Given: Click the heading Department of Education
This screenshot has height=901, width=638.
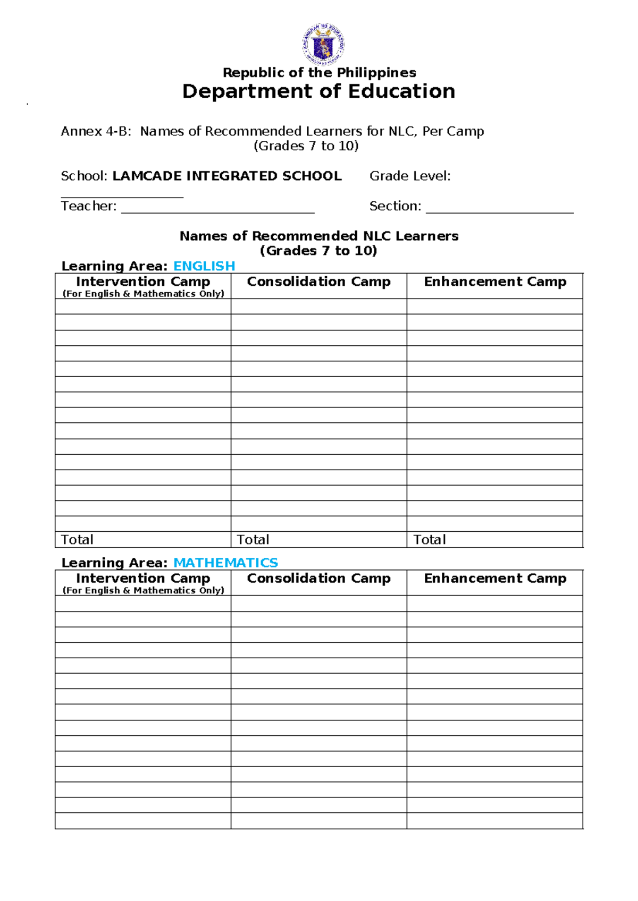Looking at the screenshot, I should pos(318,91).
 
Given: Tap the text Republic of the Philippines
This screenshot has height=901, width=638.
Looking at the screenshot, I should pos(319,72).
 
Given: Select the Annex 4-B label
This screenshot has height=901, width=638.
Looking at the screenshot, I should pos(96,131).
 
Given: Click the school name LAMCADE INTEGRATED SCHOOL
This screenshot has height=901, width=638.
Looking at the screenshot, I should pos(227,176).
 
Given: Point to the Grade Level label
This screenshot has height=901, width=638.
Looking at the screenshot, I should pos(410,176).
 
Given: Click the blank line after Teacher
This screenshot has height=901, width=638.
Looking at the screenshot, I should pos(218,208).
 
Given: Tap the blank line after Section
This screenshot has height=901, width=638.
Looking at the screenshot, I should pos(500,208).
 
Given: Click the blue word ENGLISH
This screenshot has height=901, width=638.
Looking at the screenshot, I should pos(204,266).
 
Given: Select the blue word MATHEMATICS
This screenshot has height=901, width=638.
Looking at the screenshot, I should pos(225,563).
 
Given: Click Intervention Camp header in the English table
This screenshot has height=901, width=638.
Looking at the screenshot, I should pos(143,282).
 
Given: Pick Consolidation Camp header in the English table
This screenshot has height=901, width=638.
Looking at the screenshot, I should pos(318,282).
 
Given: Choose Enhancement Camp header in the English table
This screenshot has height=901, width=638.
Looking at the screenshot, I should pos(495,282).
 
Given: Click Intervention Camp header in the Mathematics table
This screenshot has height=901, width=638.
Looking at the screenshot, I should pos(143,578).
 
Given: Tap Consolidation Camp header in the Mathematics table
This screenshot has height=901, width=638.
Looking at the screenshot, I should pos(318,578).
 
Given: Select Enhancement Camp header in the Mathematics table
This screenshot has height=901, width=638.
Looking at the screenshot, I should pos(495,578).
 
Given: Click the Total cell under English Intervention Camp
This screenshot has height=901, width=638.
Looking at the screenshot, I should pos(142,540).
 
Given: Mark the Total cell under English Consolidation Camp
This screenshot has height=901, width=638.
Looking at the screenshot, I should pos(318,540).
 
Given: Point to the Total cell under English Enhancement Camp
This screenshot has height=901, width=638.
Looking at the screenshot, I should pos(495,540).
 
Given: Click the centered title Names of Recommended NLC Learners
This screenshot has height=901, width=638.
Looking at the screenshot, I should pos(319,236).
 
